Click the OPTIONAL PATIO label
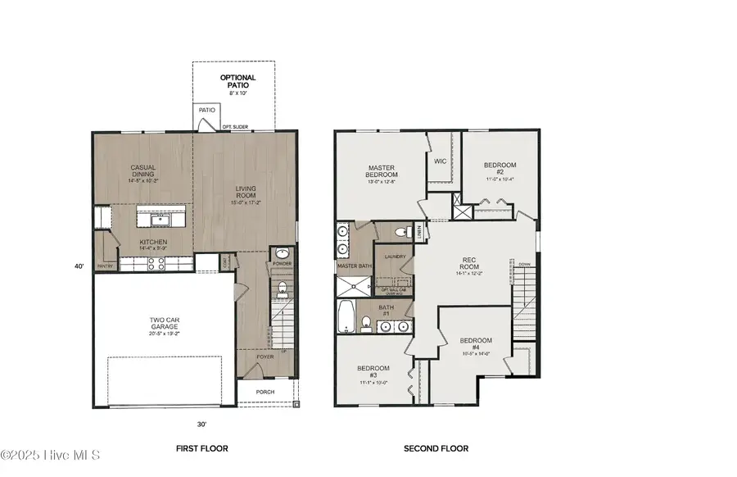pos(237,82)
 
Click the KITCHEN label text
pos(153,243)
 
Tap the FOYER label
pos(265,357)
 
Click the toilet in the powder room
pos(283,288)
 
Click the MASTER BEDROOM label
pos(382,170)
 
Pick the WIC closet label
pos(440,161)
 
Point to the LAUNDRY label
pos(396,257)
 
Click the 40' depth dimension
pos(79,266)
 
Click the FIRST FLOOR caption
pos(201,448)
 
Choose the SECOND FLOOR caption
pos(436,448)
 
